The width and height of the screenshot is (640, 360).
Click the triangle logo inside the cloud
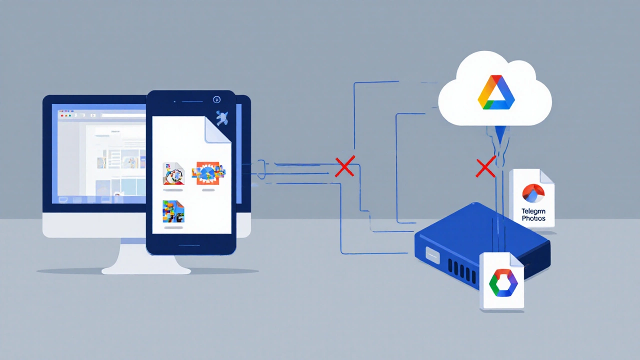(x=495, y=93)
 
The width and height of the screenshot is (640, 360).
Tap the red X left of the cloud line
(x=485, y=168)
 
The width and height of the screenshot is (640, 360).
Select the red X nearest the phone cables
(x=344, y=166)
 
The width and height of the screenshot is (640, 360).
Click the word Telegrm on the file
(x=533, y=211)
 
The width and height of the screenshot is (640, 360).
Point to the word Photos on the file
(x=533, y=218)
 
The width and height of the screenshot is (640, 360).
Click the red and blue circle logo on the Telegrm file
(x=532, y=193)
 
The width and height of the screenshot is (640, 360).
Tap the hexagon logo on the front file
(x=502, y=283)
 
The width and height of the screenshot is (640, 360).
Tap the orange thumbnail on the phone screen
(x=208, y=173)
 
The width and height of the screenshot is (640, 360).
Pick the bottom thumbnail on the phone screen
(x=173, y=211)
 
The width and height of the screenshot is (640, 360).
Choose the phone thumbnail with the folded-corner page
(x=173, y=173)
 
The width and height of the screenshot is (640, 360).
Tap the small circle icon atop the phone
(x=216, y=99)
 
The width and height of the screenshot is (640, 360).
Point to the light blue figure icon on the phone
(x=221, y=118)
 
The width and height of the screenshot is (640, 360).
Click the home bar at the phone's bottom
(x=190, y=245)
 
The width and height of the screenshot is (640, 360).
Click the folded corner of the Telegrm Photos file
(x=547, y=176)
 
